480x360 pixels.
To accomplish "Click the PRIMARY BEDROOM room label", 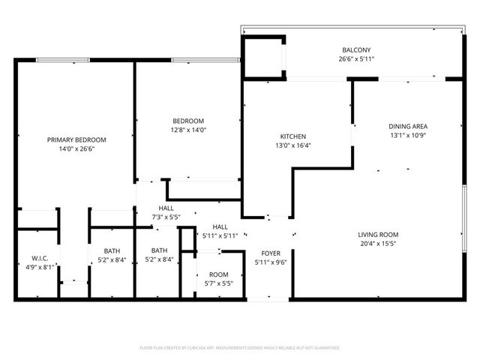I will (76, 140).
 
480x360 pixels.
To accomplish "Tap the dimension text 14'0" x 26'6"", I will (76, 149).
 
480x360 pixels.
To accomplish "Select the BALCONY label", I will (351, 51).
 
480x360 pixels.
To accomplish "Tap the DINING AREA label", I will (408, 126).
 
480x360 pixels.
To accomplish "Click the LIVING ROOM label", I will (377, 235).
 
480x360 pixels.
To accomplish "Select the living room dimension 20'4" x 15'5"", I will (377, 244).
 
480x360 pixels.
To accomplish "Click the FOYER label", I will (270, 253).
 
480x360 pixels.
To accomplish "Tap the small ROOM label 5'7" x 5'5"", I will (218, 275).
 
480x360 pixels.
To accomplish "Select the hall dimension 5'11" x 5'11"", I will (220, 235).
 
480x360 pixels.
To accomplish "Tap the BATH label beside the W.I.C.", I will (112, 251).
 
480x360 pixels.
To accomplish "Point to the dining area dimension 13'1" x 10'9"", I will (408, 136).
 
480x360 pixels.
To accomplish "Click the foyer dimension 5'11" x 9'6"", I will (270, 262).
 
